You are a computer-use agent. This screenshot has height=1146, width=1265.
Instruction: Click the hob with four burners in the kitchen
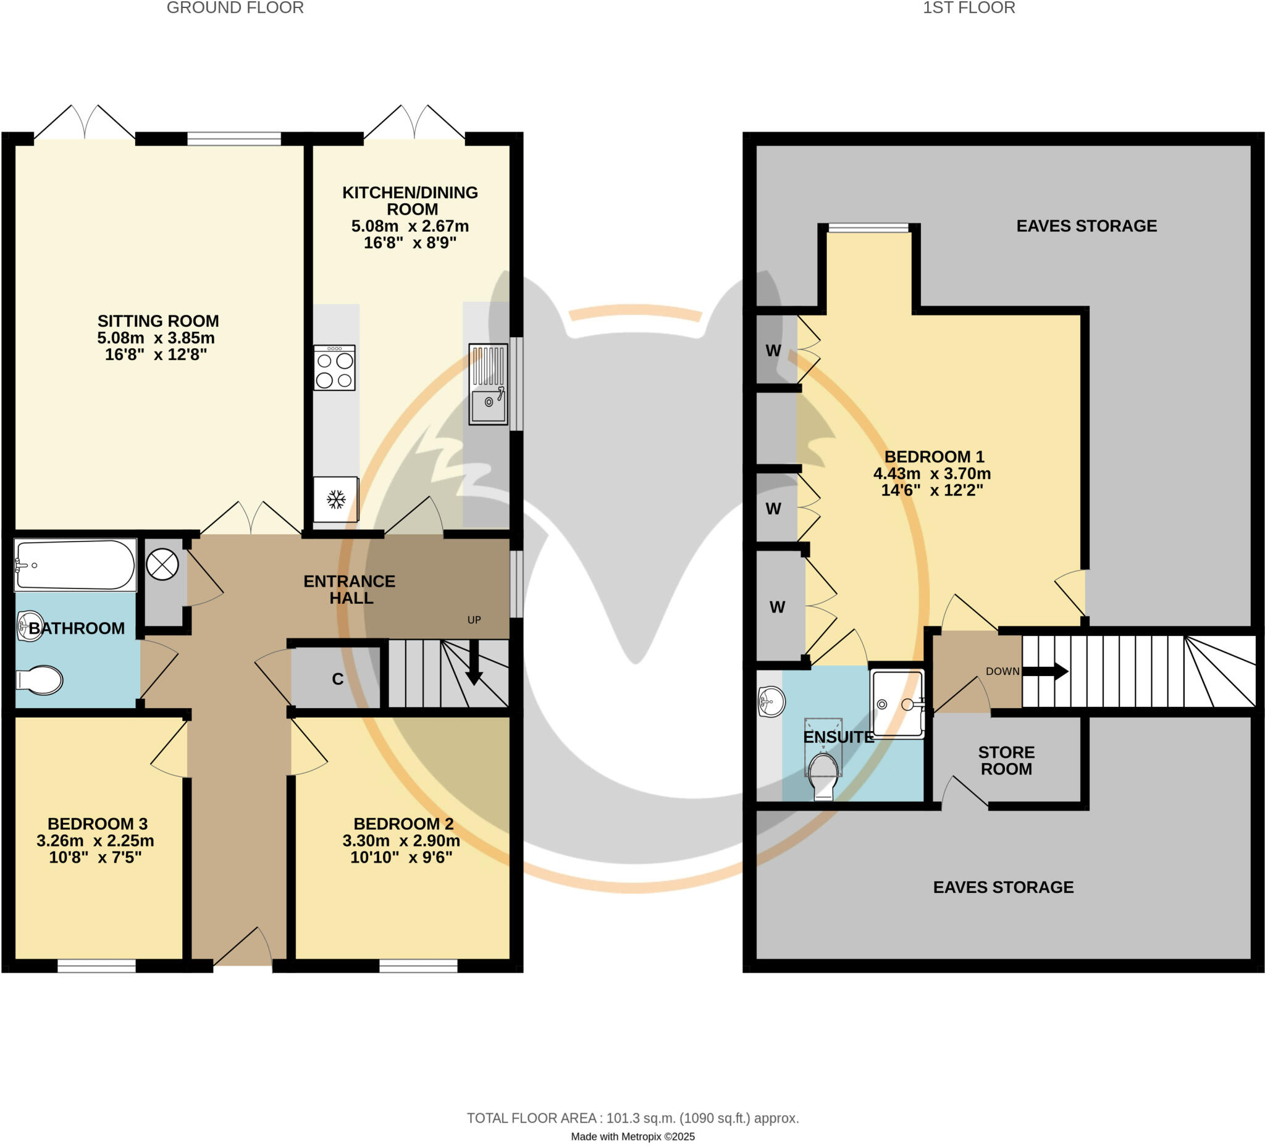(x=334, y=368)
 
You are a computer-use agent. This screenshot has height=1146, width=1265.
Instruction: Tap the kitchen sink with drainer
(x=488, y=384)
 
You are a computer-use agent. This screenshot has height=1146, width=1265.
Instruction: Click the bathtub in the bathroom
(x=75, y=564)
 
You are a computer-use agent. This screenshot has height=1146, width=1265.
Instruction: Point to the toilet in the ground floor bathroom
(x=39, y=680)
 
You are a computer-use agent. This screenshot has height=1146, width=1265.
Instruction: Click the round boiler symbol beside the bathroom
(x=162, y=564)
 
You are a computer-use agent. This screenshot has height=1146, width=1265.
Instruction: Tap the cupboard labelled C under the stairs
(x=337, y=679)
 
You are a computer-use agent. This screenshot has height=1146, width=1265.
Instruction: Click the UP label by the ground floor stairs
(x=474, y=620)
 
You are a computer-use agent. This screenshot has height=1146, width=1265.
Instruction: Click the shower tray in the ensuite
(x=897, y=704)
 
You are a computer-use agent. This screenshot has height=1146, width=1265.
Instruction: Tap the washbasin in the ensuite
(x=771, y=701)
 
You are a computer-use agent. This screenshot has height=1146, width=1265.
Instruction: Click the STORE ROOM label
(x=1006, y=760)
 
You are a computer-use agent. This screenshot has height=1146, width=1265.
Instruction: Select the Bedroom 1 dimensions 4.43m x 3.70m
(x=932, y=474)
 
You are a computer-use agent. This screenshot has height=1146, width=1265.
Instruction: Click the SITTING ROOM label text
(x=158, y=321)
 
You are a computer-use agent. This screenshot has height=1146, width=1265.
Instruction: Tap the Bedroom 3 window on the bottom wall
(x=96, y=966)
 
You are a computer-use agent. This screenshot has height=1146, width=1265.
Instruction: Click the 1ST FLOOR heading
(x=968, y=8)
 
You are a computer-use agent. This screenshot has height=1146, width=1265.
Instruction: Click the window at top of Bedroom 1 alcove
(x=868, y=228)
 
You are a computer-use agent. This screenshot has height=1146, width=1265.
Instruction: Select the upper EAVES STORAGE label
(x=1086, y=226)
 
